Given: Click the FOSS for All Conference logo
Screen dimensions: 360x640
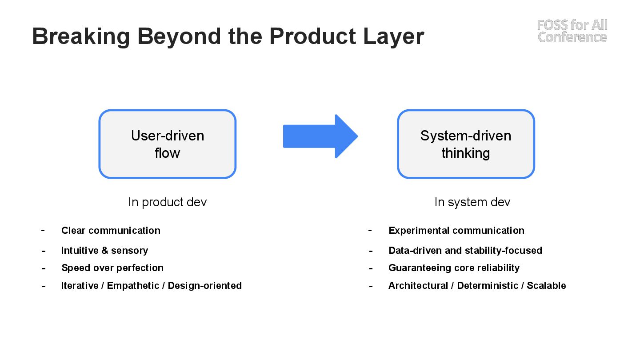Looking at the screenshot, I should [572, 31].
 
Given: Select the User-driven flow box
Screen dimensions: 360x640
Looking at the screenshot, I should [167, 144].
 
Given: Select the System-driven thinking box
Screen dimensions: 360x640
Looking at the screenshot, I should [466, 144].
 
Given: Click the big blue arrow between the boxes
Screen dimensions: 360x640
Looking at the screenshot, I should [320, 136].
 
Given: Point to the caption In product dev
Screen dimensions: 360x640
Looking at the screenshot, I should [167, 202].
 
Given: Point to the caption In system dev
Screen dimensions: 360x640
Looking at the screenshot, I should [472, 202].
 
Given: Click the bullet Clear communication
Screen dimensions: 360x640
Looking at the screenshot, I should [111, 230].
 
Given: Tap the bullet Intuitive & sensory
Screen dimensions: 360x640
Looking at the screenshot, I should [104, 250].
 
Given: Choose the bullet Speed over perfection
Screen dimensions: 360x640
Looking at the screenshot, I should [112, 268].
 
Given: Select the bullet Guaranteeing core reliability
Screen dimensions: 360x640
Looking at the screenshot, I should [454, 268].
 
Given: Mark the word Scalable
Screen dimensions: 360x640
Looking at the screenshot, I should [546, 285].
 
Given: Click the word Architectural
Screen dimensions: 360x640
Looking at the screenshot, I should [418, 285].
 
